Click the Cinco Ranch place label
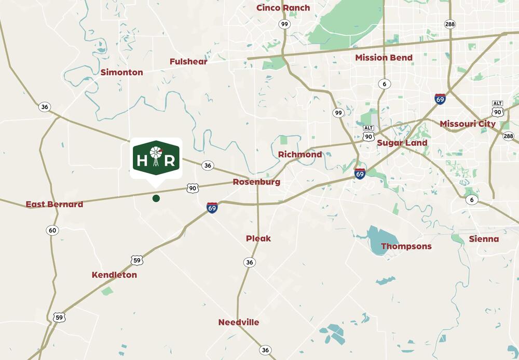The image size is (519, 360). click(x=283, y=8)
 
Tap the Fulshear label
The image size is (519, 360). click(x=188, y=62)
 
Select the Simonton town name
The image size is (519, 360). click(x=122, y=72)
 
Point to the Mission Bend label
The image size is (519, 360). click(x=384, y=58)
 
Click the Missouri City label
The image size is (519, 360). click(x=468, y=124)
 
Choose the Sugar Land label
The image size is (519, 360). click(x=402, y=143)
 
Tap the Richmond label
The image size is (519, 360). click(x=300, y=154)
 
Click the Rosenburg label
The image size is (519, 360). click(x=256, y=182)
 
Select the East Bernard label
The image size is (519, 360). click(x=54, y=204)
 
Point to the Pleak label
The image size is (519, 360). click(x=258, y=238)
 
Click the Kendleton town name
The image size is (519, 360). click(x=114, y=275)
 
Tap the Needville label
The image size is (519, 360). click(x=239, y=322)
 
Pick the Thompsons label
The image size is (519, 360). click(x=406, y=246)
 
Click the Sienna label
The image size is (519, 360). click(x=484, y=239)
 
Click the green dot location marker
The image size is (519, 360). click(x=156, y=198)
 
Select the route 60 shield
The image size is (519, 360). click(x=52, y=230)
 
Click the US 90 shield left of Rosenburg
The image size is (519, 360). click(x=193, y=188)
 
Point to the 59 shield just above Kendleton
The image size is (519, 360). click(x=136, y=260)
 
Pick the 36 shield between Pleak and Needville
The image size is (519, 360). click(x=250, y=262)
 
